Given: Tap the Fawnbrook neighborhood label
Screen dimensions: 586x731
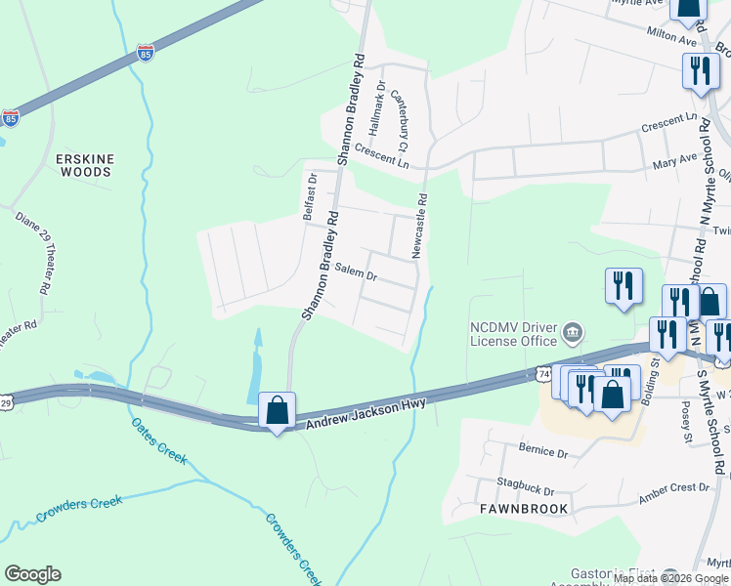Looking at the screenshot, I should pyautogui.click(x=516, y=509).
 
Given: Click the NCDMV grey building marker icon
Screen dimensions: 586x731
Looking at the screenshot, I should pyautogui.click(x=573, y=334).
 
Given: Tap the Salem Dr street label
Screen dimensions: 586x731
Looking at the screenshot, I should pyautogui.click(x=356, y=272).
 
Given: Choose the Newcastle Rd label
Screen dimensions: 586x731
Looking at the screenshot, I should pyautogui.click(x=419, y=226).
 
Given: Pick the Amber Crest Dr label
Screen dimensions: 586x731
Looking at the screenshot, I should pyautogui.click(x=673, y=492).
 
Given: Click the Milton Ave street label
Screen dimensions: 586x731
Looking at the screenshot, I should pyautogui.click(x=671, y=36).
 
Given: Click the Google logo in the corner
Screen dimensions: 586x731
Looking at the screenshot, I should pyautogui.click(x=33, y=574).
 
